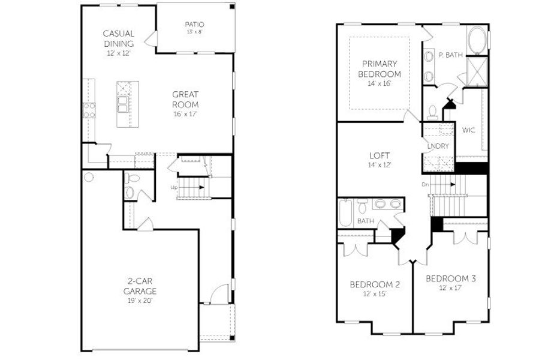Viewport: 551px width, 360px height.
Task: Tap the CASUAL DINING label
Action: coord(119,38)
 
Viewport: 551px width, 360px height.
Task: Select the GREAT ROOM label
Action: coord(185,99)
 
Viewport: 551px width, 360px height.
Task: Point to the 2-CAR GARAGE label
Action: coord(140,286)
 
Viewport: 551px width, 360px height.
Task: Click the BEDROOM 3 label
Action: coord(451,278)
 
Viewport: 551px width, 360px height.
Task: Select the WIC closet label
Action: coord(469,130)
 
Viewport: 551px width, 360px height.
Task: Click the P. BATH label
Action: coord(450,55)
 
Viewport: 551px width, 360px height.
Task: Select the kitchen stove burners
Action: coord(89,110)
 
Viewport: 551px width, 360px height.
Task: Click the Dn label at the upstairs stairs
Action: coord(425,184)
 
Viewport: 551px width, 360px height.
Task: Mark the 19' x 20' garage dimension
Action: coord(140,300)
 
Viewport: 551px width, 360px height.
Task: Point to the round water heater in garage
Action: coord(89,177)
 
